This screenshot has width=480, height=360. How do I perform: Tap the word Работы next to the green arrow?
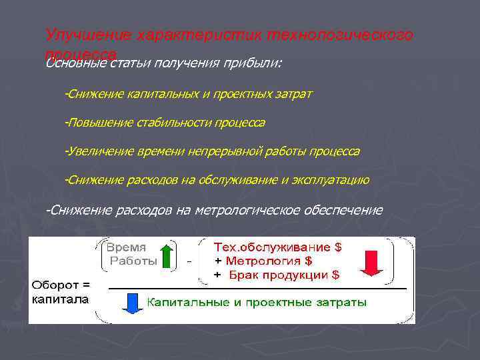[133, 261]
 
